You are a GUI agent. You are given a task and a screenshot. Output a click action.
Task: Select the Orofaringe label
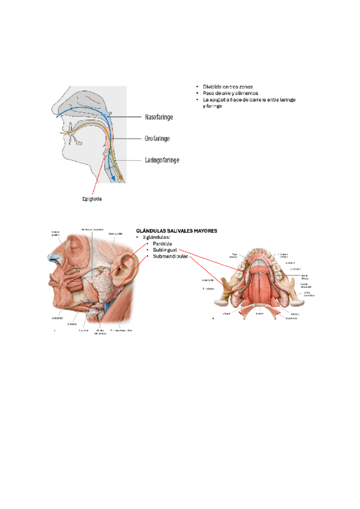[157, 139]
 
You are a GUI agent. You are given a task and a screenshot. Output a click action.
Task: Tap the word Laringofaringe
[162, 160]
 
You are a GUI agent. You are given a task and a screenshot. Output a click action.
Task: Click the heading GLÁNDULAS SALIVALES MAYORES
[176, 230]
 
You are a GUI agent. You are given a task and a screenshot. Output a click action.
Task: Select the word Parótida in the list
[162, 244]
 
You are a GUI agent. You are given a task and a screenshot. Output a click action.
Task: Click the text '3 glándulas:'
[157, 237]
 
